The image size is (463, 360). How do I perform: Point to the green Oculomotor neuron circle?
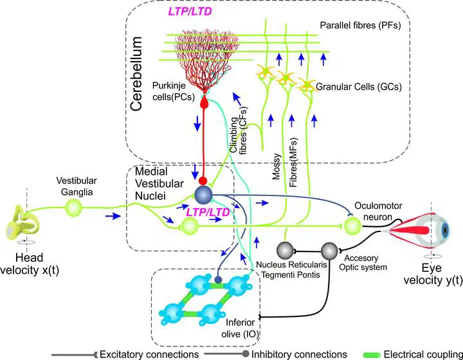[x=352, y=226]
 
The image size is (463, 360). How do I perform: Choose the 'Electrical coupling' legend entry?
[x=419, y=354]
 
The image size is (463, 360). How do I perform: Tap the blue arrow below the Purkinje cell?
[x=197, y=122]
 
